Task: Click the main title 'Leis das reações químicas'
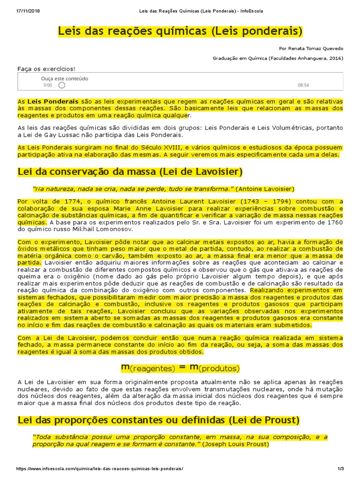pyautogui.click(x=180, y=31)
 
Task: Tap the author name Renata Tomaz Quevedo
pyautogui.click(x=311, y=48)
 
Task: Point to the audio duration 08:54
pyautogui.click(x=303, y=85)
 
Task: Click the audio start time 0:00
pyautogui.click(x=48, y=85)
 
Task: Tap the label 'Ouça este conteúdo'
pyautogui.click(x=65, y=79)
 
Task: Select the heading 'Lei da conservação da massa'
pyautogui.click(x=130, y=172)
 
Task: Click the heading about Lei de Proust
pyautogui.click(x=158, y=420)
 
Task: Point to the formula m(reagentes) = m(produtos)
pyautogui.click(x=180, y=368)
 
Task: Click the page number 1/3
pyautogui.click(x=341, y=469)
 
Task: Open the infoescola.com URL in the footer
pyautogui.click(x=100, y=469)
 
